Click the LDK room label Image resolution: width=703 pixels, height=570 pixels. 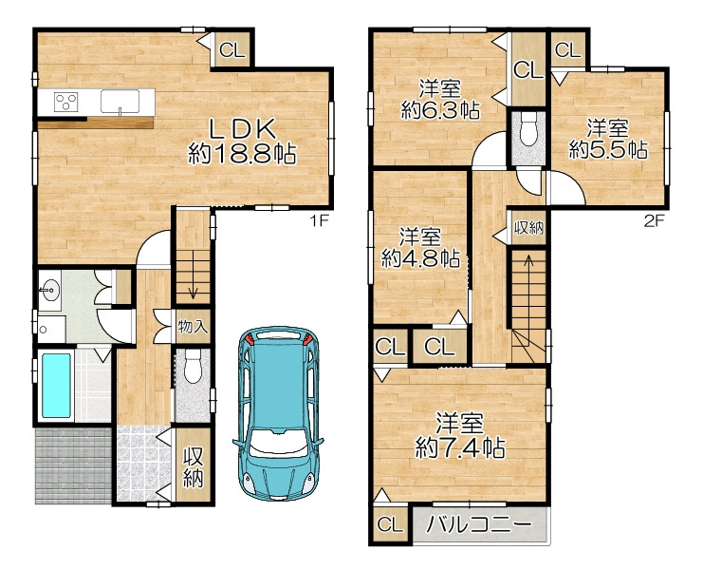(x=243, y=130)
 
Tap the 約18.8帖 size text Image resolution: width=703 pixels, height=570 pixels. (x=243, y=154)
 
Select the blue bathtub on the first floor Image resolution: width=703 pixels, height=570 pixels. (x=56, y=386)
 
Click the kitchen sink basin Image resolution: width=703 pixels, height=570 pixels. (x=120, y=101)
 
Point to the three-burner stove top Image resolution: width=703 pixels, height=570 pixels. (x=65, y=102)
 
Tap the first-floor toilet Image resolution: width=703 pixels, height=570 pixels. (x=194, y=367)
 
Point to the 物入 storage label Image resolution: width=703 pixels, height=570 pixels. (x=193, y=326)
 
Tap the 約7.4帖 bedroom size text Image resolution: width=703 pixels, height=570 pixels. (x=460, y=447)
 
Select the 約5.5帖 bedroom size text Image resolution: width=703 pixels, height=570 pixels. (x=608, y=149)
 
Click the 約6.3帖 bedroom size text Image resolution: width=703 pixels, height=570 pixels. (x=440, y=109)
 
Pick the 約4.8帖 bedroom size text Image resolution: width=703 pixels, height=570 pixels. (x=420, y=258)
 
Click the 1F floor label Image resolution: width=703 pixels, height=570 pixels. (x=320, y=220)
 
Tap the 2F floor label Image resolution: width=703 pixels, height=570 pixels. (x=654, y=220)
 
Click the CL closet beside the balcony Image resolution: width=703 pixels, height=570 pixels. (x=390, y=524)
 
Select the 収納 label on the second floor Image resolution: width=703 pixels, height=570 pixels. (x=528, y=228)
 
